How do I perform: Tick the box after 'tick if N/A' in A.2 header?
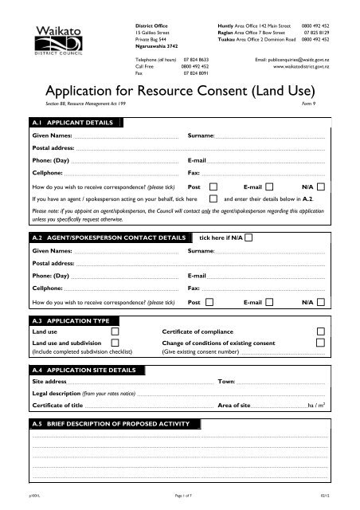click(x=251, y=237)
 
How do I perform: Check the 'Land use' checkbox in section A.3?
click(x=115, y=331)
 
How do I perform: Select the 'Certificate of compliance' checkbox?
click(x=321, y=331)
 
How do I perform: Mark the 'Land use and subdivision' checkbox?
click(x=115, y=343)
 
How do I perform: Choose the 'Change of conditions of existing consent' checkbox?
click(x=321, y=343)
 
